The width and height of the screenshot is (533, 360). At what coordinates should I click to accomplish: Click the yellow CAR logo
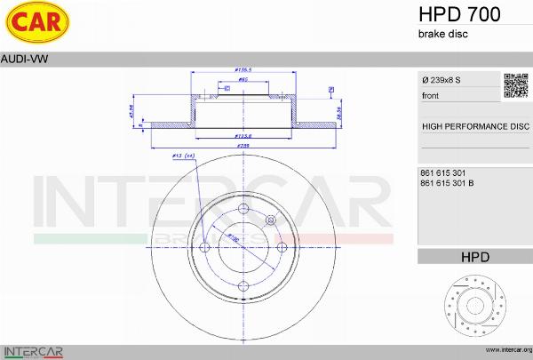(34, 22)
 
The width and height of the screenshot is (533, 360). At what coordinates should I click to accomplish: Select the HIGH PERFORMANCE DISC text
(475, 126)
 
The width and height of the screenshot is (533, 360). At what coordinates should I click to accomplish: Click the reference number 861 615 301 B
(445, 183)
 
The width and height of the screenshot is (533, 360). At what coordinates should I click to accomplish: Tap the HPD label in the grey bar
(474, 257)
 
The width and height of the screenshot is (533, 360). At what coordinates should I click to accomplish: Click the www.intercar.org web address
(505, 350)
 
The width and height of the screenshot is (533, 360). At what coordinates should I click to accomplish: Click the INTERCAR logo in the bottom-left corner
(33, 350)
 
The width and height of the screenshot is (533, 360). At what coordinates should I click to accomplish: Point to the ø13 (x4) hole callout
(182, 156)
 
